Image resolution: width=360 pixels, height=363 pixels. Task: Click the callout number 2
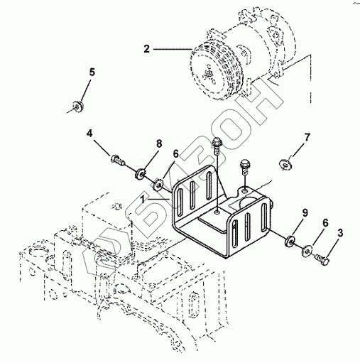click(147, 49)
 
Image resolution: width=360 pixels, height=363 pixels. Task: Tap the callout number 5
click(92, 72)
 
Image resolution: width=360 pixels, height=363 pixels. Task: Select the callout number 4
click(89, 134)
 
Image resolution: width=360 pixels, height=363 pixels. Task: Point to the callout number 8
click(159, 143)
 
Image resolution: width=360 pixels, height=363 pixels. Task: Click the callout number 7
click(307, 137)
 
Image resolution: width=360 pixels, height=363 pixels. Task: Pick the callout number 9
click(305, 213)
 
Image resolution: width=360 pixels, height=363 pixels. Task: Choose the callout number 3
click(340, 233)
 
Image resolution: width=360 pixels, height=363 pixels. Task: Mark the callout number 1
click(142, 200)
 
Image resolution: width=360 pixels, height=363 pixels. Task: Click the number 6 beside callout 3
click(325, 223)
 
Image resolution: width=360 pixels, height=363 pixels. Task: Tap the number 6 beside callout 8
click(175, 154)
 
